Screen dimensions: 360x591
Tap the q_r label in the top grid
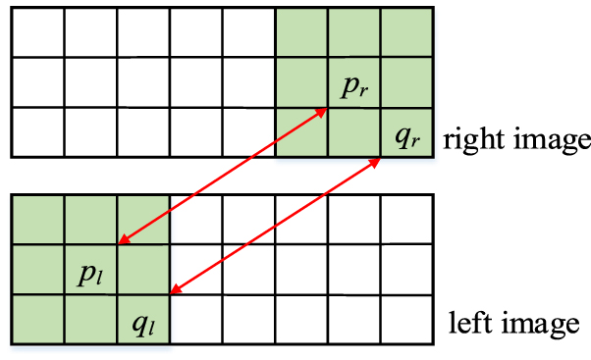[406, 136]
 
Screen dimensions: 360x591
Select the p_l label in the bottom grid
[91, 272]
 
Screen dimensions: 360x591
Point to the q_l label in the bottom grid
[142, 323]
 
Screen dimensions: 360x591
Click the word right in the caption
[468, 139]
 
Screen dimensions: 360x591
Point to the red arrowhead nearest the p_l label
[122, 240]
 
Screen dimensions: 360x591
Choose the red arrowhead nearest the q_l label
[175, 288]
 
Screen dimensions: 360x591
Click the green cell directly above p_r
[353, 32]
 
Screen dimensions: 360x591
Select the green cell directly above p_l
[90, 219]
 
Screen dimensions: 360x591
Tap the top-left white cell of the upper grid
[37, 32]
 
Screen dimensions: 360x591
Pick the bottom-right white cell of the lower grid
[406, 319]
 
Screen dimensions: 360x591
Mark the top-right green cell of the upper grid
[406, 32]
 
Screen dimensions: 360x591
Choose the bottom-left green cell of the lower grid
[37, 319]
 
